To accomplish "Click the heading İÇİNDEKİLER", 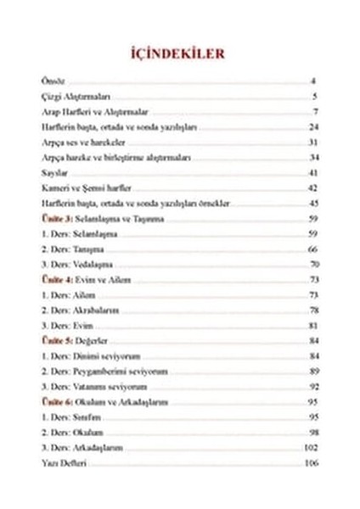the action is point(180,53).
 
